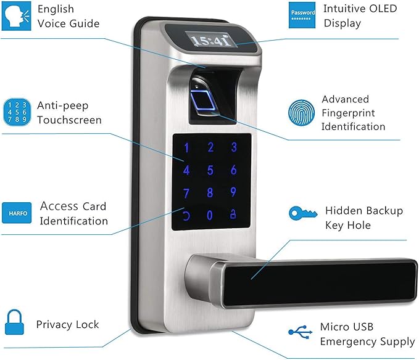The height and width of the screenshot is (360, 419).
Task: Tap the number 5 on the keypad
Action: [x=210, y=170]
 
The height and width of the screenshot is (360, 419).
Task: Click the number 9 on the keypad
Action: [x=233, y=192]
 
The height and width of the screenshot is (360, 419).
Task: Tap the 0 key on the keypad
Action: [x=210, y=215]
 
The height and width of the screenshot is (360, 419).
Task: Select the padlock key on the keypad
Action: [x=233, y=215]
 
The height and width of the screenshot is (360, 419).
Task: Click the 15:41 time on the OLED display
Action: [x=211, y=41]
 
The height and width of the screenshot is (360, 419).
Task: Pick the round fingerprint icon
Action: [x=301, y=113]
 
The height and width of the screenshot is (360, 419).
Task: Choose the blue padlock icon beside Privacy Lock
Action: [x=15, y=322]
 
